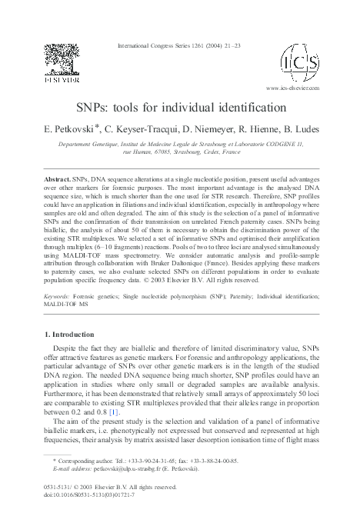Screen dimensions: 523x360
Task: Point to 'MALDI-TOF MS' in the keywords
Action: point(67,325)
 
